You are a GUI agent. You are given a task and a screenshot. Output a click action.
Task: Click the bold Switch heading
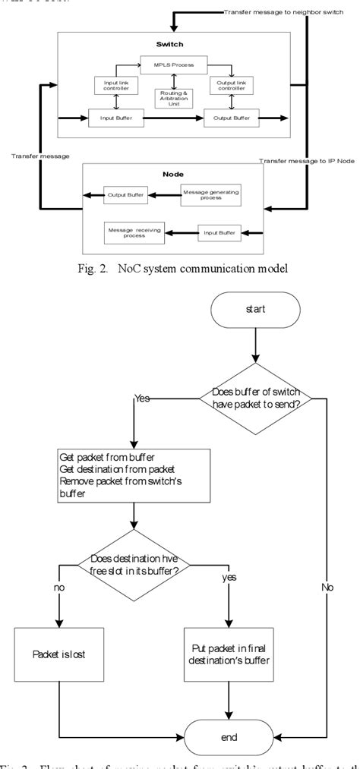click(170, 44)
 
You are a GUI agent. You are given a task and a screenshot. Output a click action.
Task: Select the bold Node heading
click(172, 173)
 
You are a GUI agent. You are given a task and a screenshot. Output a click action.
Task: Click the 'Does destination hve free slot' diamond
click(134, 565)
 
